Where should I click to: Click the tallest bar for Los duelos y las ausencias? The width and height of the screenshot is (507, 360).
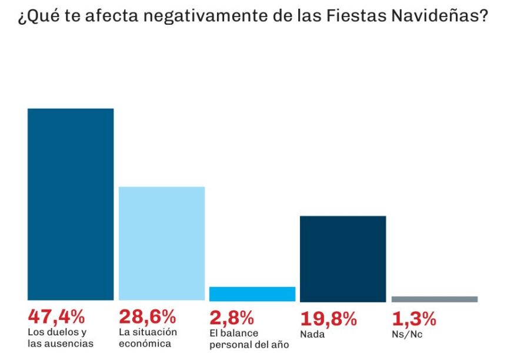click(x=71, y=204)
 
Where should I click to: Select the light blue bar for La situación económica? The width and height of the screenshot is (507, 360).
click(x=162, y=244)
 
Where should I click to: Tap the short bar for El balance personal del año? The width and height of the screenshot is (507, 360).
click(x=252, y=294)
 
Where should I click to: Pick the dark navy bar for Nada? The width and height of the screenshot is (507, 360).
click(x=343, y=258)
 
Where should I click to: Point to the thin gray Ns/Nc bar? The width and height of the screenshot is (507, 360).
click(x=434, y=299)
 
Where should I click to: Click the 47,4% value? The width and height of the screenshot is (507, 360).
click(x=56, y=317)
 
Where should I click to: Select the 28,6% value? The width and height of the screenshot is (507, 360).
click(x=147, y=317)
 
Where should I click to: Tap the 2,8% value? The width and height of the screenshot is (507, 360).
click(x=232, y=317)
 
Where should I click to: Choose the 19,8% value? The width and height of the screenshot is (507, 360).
click(x=329, y=318)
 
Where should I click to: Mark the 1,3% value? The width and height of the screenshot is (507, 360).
click(x=414, y=318)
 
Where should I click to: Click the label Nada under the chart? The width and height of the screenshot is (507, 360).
click(x=312, y=334)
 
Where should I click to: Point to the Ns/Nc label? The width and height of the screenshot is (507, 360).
click(x=407, y=334)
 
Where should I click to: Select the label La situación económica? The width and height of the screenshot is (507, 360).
click(x=147, y=338)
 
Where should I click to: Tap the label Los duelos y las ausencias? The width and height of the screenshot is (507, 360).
click(x=61, y=338)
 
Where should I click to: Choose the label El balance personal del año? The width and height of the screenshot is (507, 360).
click(x=249, y=338)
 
